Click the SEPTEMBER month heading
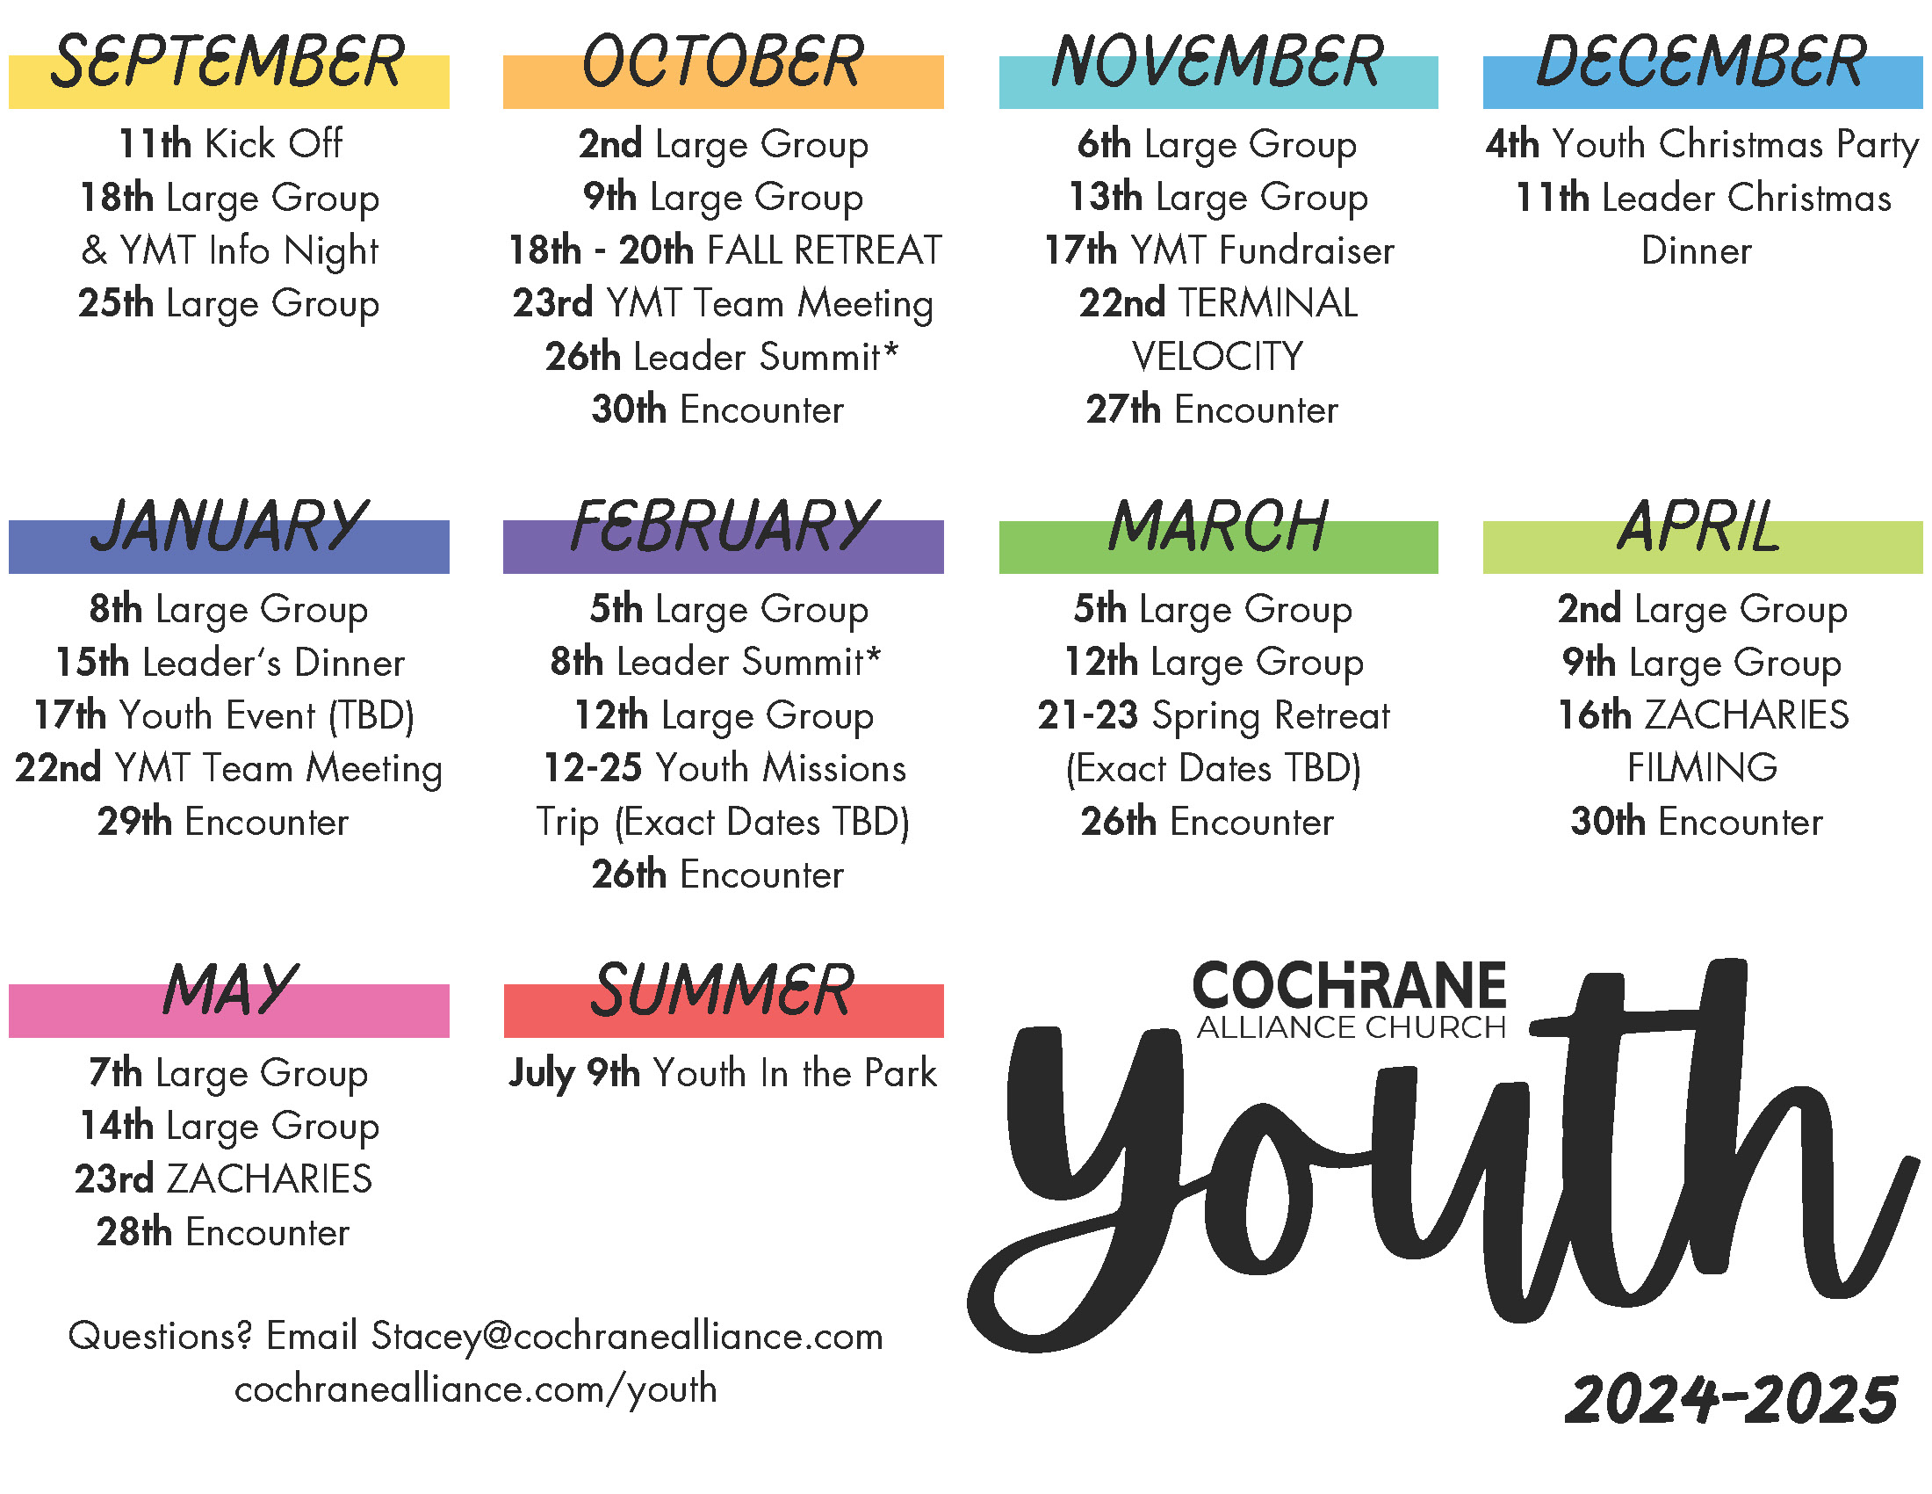(x=227, y=62)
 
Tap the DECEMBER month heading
(x=1701, y=62)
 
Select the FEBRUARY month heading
(x=724, y=526)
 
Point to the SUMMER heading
(x=723, y=990)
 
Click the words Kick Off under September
(x=273, y=143)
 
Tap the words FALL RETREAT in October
(x=825, y=250)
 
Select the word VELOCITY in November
(x=1217, y=357)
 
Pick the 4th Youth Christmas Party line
(x=1702, y=144)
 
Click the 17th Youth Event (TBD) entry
(x=225, y=716)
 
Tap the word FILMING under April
(x=1702, y=768)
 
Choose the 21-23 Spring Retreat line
(x=1214, y=716)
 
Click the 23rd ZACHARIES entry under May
(x=224, y=1179)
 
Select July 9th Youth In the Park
(x=723, y=1074)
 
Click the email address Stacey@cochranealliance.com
(x=627, y=1337)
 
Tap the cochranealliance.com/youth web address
(x=476, y=1390)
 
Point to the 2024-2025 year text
(x=1730, y=1400)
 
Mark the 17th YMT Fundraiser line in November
(x=1219, y=250)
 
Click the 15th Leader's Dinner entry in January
(x=230, y=663)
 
